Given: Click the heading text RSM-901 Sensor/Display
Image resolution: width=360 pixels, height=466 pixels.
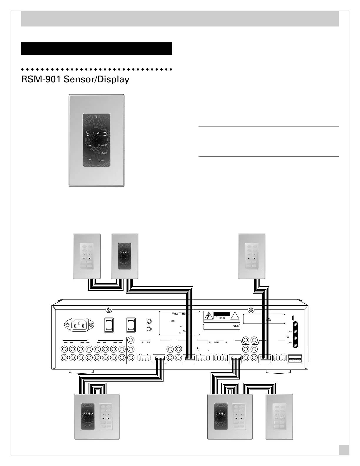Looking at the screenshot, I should coord(75,79).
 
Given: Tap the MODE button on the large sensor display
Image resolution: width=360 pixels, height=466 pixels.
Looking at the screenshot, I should coord(99,145).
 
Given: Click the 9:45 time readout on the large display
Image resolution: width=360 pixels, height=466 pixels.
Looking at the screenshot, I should coord(96,134).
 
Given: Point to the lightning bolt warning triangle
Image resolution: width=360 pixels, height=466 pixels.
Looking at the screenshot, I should coord(208,316).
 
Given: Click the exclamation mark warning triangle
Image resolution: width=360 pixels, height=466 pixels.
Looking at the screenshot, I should coord(235,316).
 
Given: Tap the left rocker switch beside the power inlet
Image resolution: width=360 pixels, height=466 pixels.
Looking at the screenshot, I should coord(109,325).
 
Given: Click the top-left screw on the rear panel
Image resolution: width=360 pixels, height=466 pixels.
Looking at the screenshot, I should coord(109,309).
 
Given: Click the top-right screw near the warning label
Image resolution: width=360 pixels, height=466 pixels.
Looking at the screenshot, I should coord(251,309).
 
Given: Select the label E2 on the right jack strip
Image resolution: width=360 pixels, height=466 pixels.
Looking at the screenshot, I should coord(290,331).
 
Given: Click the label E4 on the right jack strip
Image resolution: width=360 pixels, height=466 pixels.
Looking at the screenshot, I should coord(290,343).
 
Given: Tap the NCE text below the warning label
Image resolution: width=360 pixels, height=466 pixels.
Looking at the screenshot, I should coord(236,326).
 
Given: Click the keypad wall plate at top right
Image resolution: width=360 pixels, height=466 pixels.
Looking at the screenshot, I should coord(251,256).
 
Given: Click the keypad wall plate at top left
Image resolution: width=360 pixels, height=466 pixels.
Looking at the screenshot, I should coord(87,256).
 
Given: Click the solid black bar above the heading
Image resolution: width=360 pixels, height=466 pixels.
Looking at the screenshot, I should coord(96,49).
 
